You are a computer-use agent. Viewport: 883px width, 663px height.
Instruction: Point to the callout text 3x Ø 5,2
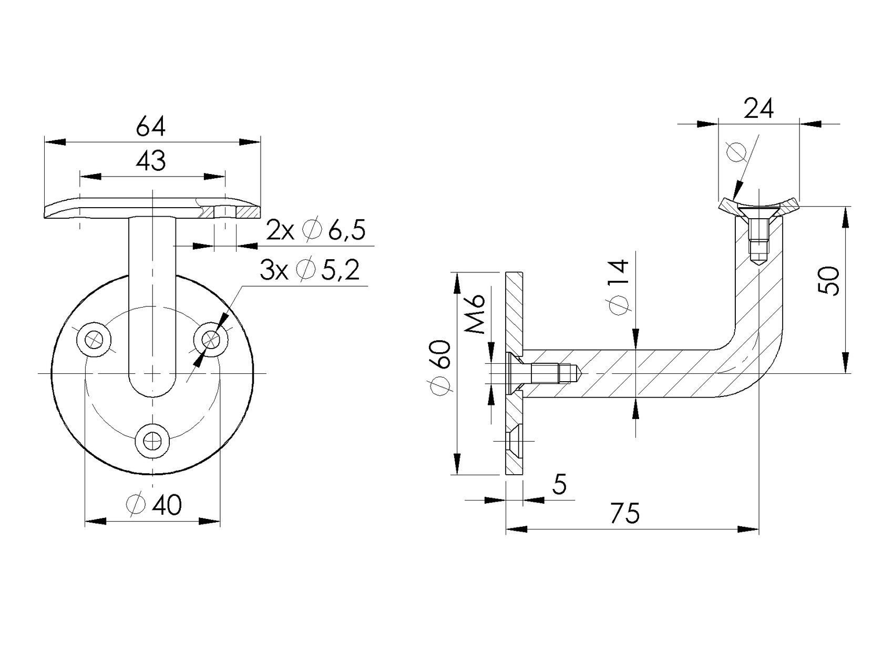(310, 270)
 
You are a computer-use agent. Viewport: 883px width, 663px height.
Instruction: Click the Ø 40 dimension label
(155, 505)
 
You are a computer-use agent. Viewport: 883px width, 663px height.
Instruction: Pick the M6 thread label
(476, 314)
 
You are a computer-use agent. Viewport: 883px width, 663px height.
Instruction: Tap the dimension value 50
(830, 281)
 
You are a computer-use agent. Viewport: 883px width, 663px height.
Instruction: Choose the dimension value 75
(625, 513)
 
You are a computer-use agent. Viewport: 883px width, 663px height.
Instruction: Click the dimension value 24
(759, 109)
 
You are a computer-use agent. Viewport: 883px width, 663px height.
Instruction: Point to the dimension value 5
(560, 484)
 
